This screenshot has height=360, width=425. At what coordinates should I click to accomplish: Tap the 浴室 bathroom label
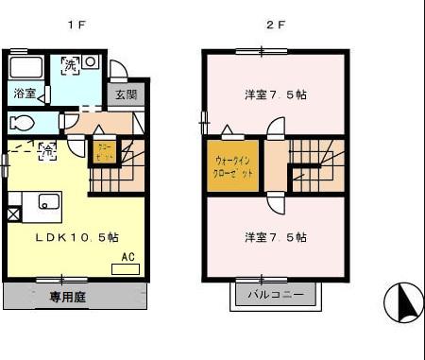click(x=25, y=94)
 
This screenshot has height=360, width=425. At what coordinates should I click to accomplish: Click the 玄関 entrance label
click(x=127, y=94)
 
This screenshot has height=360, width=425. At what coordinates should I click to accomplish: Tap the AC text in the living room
click(x=127, y=256)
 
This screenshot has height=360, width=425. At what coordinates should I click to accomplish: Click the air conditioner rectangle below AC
click(x=125, y=269)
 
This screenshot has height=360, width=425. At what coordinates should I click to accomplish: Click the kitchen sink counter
click(x=38, y=201)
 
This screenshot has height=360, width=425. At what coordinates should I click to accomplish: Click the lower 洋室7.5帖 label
click(x=275, y=237)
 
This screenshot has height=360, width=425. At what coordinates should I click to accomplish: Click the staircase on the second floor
click(x=315, y=164)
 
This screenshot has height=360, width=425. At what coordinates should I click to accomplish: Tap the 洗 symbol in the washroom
click(x=70, y=64)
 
